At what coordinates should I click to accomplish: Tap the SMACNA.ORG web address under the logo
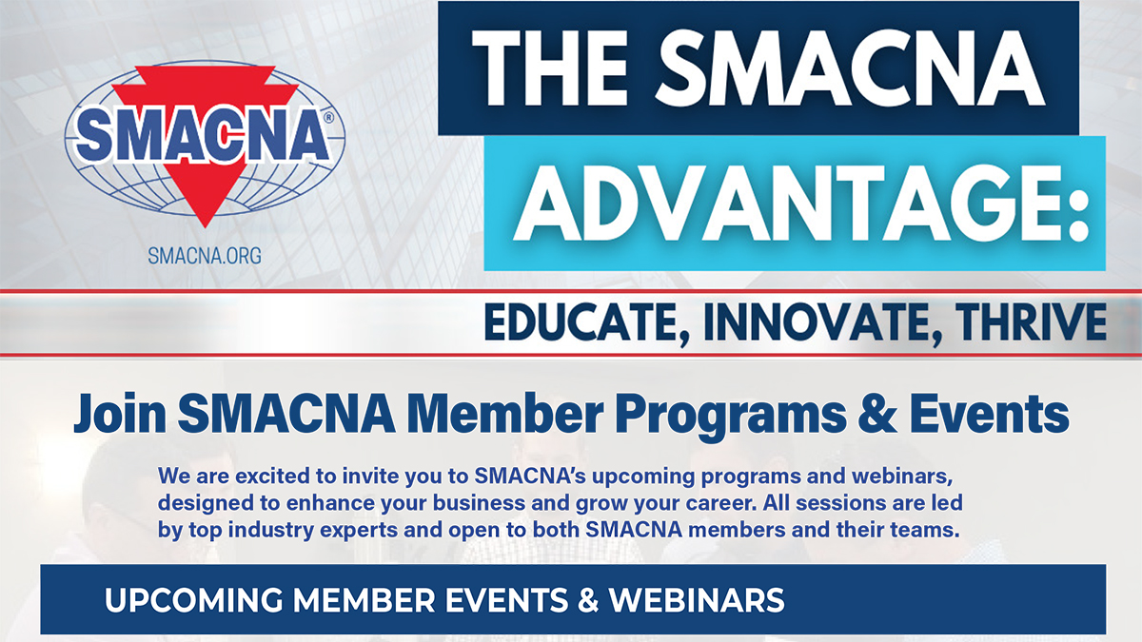click(x=205, y=255)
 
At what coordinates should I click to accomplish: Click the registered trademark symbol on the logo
click(x=328, y=118)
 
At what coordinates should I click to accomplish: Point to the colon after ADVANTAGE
click(x=1078, y=213)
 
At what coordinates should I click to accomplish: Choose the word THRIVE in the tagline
click(x=1031, y=321)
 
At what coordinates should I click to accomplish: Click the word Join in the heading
click(x=120, y=414)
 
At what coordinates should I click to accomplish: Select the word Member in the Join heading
click(x=504, y=413)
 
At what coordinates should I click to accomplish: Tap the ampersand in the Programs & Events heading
click(x=877, y=413)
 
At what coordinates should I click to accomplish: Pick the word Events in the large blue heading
click(x=989, y=413)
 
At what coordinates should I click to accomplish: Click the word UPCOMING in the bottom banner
click(x=193, y=600)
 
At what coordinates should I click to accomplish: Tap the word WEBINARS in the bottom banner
click(x=697, y=600)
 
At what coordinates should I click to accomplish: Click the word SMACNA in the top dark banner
click(x=851, y=68)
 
